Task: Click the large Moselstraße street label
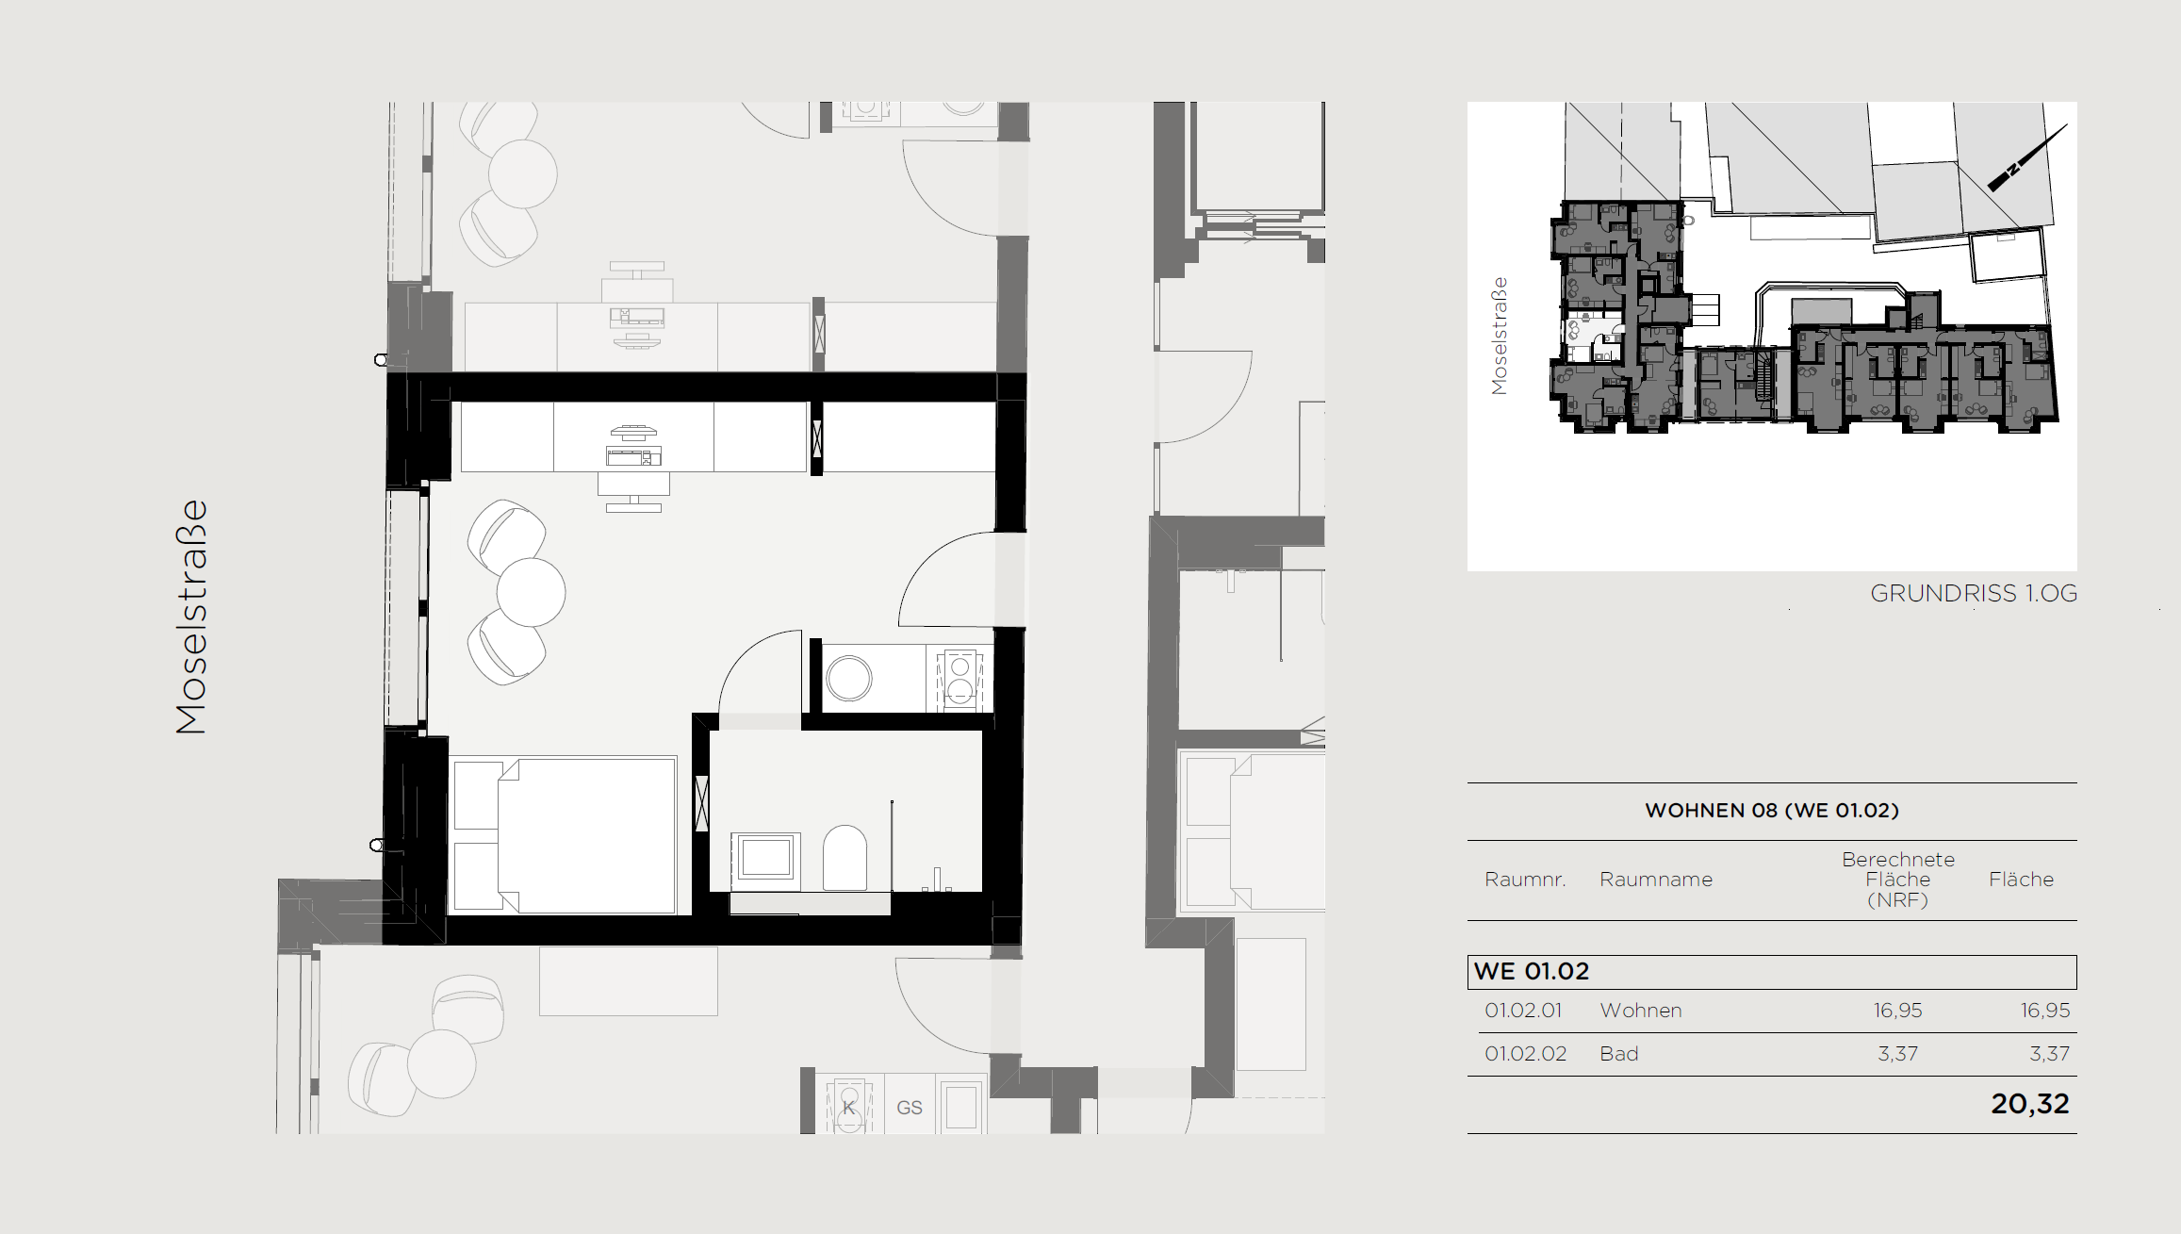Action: [191, 617]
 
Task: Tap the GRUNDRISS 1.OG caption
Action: [1974, 593]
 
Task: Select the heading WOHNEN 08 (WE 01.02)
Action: [1772, 811]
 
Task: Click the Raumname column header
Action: [1656, 880]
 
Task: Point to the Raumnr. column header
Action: [1525, 880]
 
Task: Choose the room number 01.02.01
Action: [1523, 1011]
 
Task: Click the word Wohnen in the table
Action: [1641, 1011]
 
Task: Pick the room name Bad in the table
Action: [1619, 1054]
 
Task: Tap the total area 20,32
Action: [2030, 1104]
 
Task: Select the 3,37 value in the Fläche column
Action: [2050, 1054]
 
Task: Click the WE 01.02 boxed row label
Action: [1532, 971]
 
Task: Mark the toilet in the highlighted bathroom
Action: [845, 858]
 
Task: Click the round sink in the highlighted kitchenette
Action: [849, 679]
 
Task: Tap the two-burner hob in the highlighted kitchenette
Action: [959, 678]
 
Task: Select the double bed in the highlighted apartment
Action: [565, 835]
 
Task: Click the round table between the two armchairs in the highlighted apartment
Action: [532, 592]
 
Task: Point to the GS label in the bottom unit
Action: [910, 1108]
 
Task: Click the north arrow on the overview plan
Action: [2027, 157]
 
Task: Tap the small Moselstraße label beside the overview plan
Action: [1500, 336]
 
